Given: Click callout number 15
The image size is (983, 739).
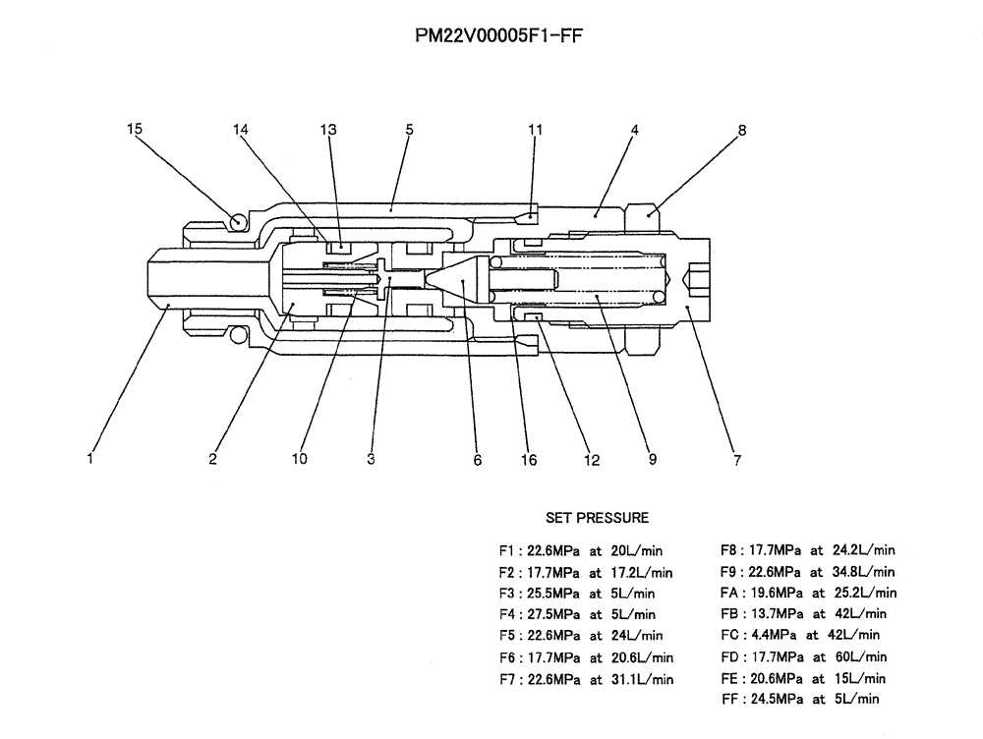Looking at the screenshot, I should point(136,129).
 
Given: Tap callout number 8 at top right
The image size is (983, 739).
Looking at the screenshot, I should point(742,129).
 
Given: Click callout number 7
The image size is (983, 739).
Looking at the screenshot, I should point(737,459).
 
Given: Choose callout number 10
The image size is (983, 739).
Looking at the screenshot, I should point(300,459).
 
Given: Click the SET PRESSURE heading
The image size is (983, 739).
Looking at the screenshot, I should point(597,517).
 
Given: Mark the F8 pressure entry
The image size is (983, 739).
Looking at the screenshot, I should point(807,550).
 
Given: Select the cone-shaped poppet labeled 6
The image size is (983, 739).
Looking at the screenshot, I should point(459,279).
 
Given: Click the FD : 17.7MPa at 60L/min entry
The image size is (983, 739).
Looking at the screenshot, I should point(803,656).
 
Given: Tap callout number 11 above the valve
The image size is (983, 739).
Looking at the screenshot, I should point(535,129).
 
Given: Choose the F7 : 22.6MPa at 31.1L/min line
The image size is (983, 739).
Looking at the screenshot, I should point(586,678).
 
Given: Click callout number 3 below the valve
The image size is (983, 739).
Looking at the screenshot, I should point(372,459).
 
